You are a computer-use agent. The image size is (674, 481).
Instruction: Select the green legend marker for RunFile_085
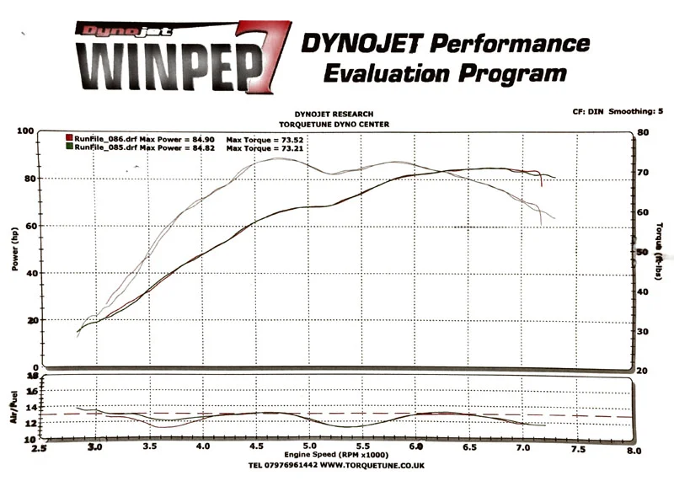pos(69,147)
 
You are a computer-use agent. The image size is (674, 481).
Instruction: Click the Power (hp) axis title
pos(15,249)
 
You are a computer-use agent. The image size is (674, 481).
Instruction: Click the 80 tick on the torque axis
pos(643,132)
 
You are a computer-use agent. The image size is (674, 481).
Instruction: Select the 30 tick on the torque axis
pos(643,331)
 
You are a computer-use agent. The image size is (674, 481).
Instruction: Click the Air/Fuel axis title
pos(14,407)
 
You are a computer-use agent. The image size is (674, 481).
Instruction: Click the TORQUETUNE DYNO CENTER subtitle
pos(334,123)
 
